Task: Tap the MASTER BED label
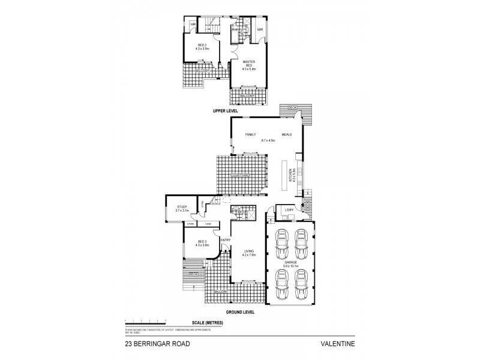coord(249,63)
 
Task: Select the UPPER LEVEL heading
coord(226,112)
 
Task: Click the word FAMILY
coord(250,135)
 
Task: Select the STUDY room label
coord(182,206)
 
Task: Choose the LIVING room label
coord(249,251)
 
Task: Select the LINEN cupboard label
coord(208,224)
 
